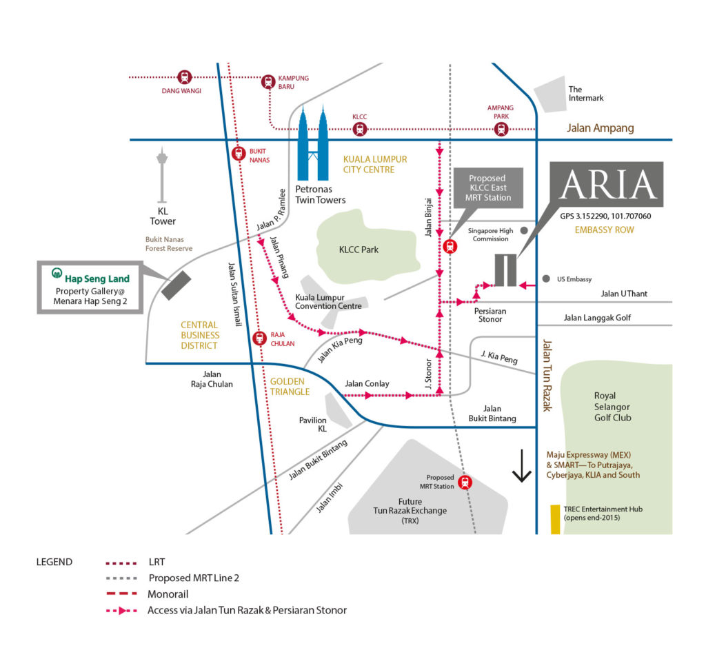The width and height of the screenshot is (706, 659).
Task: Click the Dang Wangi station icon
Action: (x=184, y=77)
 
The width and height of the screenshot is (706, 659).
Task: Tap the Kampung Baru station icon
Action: (x=268, y=81)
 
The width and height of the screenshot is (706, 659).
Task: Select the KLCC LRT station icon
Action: (x=359, y=129)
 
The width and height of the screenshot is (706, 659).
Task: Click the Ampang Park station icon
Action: (x=501, y=129)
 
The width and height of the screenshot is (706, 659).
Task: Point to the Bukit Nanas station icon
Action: (x=239, y=153)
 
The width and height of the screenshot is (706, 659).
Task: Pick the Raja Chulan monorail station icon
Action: (x=259, y=338)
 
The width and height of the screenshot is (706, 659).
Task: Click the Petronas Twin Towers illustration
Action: (x=313, y=145)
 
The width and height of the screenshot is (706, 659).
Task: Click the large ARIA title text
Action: (x=607, y=185)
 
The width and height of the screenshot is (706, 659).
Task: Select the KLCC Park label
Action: (x=360, y=250)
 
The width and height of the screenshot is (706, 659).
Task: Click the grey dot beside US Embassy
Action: (x=546, y=279)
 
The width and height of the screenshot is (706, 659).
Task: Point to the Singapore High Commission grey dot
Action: (x=524, y=230)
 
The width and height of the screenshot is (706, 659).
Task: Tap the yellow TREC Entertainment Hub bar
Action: (x=555, y=519)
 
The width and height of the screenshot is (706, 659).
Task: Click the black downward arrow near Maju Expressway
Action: (x=521, y=467)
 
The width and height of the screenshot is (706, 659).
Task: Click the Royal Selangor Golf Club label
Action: (x=612, y=407)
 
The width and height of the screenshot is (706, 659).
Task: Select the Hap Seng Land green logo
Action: (x=58, y=273)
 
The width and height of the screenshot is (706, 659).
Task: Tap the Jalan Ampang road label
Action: (x=600, y=128)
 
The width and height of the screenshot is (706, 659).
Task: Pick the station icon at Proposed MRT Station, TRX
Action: (x=465, y=483)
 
